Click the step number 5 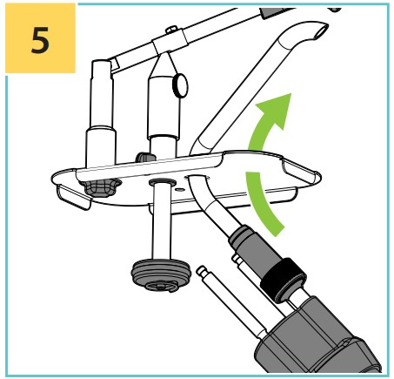(40, 40)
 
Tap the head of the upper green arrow (276, 109)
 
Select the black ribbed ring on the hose (283, 281)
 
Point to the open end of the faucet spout (320, 31)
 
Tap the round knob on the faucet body (180, 85)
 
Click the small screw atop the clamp (171, 30)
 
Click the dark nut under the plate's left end (100, 187)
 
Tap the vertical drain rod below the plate (162, 221)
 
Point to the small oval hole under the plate (180, 190)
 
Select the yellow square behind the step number (40, 38)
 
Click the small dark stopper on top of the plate (145, 157)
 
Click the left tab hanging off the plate (72, 197)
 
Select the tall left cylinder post (101, 114)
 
